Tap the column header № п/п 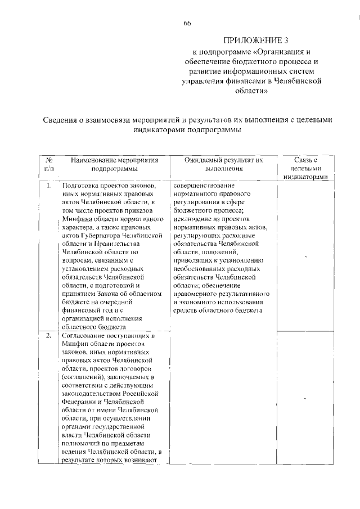49,164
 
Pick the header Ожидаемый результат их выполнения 224,164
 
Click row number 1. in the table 49,186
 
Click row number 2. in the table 49,336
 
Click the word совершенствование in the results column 204,186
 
